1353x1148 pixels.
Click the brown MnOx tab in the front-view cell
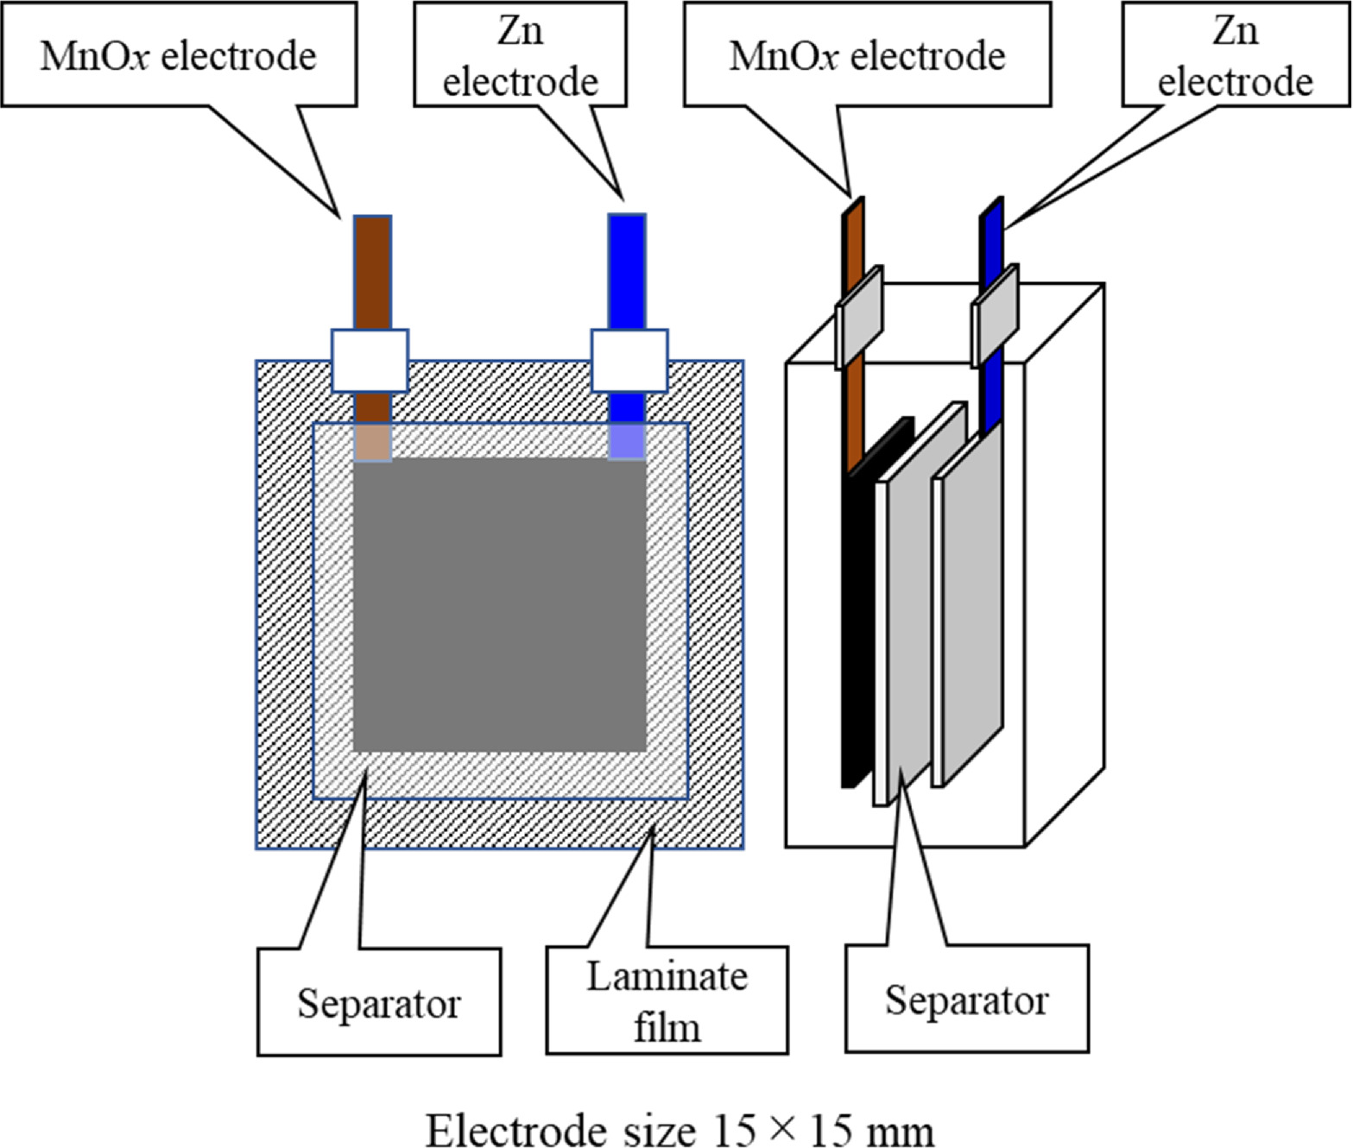372,272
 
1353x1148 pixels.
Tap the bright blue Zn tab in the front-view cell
627,272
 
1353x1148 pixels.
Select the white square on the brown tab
370,361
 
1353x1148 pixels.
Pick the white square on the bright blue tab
629,361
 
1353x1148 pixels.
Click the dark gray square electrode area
500,604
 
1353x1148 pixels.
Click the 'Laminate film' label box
667,1000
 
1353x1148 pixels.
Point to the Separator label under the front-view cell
379,1003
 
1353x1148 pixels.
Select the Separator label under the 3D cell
966,1000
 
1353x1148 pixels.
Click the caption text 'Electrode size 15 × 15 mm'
680,1130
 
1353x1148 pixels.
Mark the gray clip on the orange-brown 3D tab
860,316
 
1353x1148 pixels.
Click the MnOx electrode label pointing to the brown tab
179,55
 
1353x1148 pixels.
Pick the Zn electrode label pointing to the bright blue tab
520,55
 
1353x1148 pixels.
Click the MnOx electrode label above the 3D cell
867,55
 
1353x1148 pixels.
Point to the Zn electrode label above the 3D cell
1235,55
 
